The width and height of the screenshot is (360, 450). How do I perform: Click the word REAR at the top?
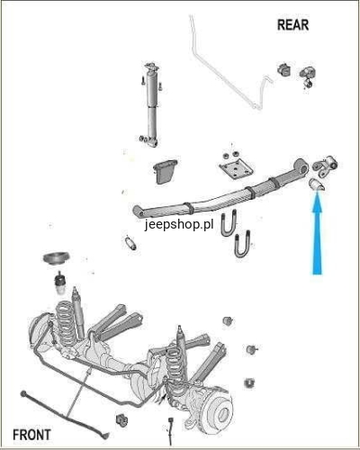(x=292, y=25)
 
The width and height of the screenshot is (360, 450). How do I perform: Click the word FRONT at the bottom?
(x=31, y=435)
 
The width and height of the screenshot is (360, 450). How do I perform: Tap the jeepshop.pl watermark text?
(x=179, y=224)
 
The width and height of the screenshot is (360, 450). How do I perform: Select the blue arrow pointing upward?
(x=317, y=232)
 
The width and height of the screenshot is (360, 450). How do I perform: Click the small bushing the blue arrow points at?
(x=317, y=184)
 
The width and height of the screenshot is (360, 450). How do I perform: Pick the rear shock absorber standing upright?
(x=151, y=105)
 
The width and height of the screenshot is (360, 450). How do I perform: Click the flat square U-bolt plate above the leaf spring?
(x=236, y=169)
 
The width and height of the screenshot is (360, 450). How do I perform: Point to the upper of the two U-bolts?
(x=229, y=223)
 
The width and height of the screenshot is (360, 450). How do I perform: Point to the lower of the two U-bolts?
(x=242, y=244)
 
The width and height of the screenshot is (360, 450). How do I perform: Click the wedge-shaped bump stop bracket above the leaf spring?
(x=165, y=172)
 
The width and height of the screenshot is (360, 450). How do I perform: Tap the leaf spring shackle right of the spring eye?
(x=325, y=166)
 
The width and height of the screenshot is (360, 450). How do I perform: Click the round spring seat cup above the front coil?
(x=56, y=259)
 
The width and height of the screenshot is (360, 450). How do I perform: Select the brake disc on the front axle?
(x=220, y=413)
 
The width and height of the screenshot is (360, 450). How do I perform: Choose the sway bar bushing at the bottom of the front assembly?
(x=121, y=420)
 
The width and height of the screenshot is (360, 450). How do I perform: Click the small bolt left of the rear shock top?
(x=143, y=81)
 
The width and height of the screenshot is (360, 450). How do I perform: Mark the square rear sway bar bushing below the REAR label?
(x=284, y=69)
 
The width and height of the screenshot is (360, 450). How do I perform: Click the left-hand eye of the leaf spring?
(x=139, y=211)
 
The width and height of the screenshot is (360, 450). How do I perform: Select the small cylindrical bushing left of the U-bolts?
(x=130, y=243)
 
